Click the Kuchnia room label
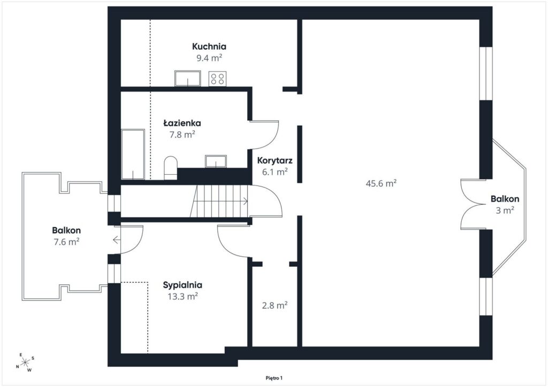209,47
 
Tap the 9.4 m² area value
209,58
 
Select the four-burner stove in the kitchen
217,79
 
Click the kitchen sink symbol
188,79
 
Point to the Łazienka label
182,123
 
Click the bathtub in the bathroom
133,154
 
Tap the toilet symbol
171,168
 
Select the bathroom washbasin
216,161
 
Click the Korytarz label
275,160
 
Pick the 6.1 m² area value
275,172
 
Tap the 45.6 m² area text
381,183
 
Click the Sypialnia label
182,285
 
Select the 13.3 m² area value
182,296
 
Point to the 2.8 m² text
275,305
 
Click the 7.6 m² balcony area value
66,242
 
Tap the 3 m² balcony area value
505,210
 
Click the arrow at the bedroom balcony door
117,240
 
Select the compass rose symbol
25,362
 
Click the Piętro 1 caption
274,378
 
